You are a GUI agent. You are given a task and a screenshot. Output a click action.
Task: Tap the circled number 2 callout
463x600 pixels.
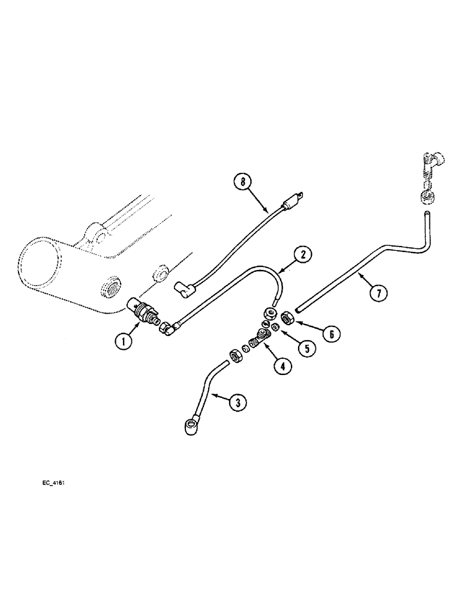click(303, 255)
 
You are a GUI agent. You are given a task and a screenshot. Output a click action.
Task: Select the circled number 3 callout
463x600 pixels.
click(237, 404)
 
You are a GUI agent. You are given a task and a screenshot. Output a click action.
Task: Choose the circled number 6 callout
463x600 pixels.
click(328, 334)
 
